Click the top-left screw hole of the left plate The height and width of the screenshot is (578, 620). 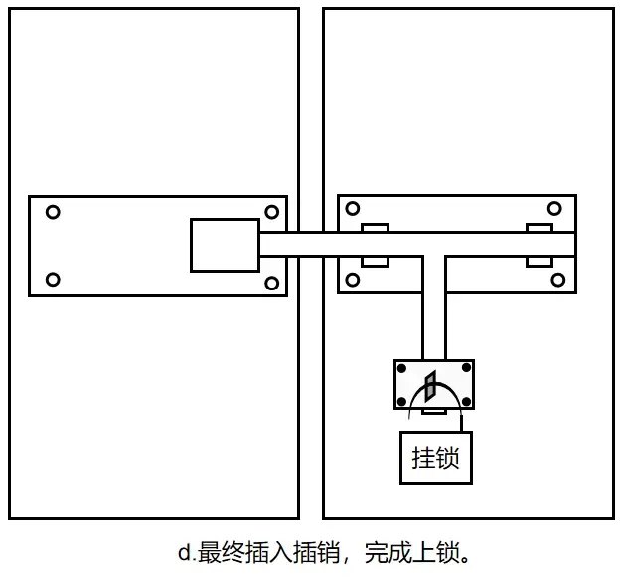(53, 212)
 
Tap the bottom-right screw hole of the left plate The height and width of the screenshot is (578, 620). (271, 284)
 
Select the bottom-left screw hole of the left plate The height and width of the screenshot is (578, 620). (53, 280)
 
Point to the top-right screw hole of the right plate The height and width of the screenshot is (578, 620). (554, 208)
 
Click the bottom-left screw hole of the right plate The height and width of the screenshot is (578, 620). (353, 280)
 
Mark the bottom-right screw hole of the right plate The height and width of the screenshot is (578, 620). (558, 280)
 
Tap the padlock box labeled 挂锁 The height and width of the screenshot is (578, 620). (436, 458)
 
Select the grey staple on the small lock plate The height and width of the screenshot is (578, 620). (430, 386)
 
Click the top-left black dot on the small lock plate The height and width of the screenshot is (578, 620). (401, 368)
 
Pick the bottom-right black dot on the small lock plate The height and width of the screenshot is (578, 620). (467, 402)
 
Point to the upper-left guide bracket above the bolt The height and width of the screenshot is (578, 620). (376, 228)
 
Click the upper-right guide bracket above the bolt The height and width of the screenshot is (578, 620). (540, 228)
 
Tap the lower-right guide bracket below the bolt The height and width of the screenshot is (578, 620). (540, 262)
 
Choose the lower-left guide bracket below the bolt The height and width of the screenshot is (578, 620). (376, 262)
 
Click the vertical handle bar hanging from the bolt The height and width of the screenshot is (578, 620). (434, 308)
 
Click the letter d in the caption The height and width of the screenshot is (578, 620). (184, 552)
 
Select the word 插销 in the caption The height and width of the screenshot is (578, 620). (316, 553)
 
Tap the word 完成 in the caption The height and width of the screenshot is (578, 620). (387, 553)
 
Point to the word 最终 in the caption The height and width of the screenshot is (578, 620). (221, 553)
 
